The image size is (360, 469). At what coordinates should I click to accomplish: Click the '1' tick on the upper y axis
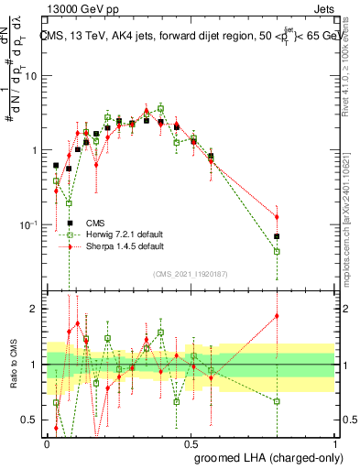coord(37,150)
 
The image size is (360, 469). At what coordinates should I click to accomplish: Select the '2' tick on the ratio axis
coord(37,309)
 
